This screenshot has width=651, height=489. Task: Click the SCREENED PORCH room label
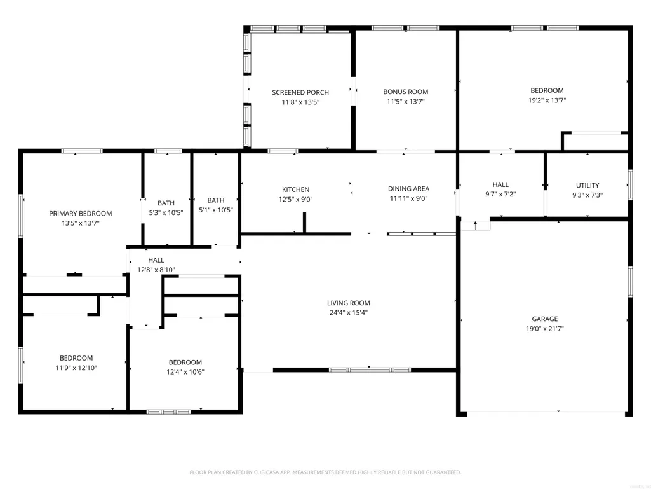[x=300, y=92]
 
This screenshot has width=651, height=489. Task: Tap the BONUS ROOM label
[x=406, y=92]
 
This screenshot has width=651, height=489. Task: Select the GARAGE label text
[x=545, y=319]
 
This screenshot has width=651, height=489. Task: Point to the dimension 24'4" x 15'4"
[x=349, y=313]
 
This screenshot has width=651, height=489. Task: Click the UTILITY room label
[x=587, y=186]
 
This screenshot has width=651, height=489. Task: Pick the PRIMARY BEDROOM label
[x=81, y=214]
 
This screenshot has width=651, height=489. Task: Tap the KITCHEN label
[x=295, y=189]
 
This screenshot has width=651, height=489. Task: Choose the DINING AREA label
[x=408, y=189]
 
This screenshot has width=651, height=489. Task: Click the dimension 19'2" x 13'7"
[x=547, y=100]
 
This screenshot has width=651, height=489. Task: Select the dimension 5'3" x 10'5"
[x=166, y=213]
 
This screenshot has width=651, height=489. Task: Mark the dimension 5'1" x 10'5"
[x=216, y=210]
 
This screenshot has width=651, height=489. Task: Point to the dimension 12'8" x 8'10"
[x=156, y=270]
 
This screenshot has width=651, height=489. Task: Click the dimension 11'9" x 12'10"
[x=76, y=368]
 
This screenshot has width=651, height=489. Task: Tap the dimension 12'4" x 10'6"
[x=185, y=372]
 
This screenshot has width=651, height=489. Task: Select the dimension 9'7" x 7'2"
[x=500, y=194]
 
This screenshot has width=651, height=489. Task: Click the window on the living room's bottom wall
[x=370, y=369]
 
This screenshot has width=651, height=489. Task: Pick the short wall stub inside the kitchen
[x=304, y=223]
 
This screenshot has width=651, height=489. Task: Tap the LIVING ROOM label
[x=348, y=303]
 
